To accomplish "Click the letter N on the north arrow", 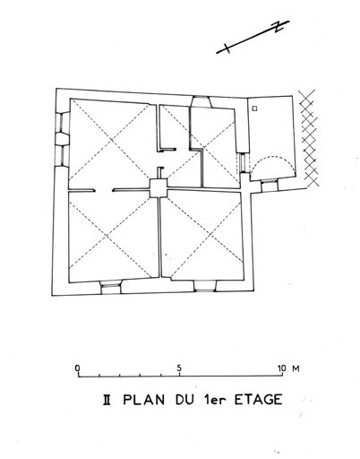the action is [279, 26].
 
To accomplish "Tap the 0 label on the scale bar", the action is [78, 368].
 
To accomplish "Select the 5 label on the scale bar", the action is [179, 368].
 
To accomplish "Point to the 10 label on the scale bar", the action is [281, 368].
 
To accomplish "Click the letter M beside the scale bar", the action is [296, 368].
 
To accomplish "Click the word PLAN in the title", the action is [144, 400].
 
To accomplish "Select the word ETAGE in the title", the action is [258, 400].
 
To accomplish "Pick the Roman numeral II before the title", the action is [107, 400].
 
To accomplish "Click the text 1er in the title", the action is [214, 400].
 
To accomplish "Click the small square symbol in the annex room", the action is [254, 108].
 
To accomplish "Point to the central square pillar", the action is [159, 188].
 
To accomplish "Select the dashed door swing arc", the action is [271, 158].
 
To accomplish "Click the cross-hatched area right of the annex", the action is [308, 137].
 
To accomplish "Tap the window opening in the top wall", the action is [201, 102].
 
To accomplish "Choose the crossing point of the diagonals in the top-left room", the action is [111, 141].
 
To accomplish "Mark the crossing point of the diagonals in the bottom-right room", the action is [210, 235].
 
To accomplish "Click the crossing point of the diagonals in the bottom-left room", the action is [107, 237].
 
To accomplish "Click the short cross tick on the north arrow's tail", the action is [227, 48].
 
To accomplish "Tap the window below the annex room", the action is [270, 186].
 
